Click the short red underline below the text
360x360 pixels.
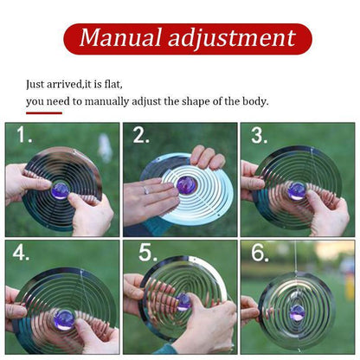coord(43,112)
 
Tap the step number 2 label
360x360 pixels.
coord(140,136)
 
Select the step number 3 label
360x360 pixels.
coord(258,136)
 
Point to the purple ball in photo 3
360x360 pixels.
coord(297,190)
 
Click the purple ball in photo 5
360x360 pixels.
coord(183,301)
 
